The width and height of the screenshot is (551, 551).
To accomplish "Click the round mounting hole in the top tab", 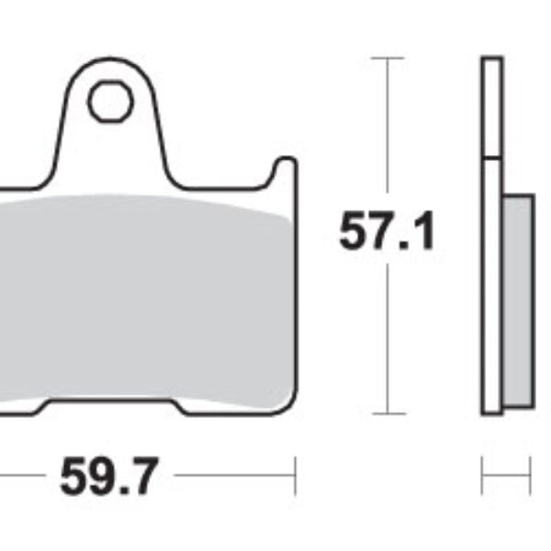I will (107, 100).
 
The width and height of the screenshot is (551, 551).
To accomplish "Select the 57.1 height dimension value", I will (387, 232).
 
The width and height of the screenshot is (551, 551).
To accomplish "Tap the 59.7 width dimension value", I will (109, 478).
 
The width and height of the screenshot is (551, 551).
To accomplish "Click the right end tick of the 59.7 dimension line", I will (295, 478).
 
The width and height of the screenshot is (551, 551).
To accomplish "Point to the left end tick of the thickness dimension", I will (483, 478).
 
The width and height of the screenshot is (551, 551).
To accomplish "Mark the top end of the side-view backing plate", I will (492, 61).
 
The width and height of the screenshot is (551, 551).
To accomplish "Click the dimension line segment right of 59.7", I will (234, 478).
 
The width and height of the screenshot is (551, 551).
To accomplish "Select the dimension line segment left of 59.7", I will (18, 478).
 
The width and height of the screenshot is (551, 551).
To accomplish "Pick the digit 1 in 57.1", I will (422, 232).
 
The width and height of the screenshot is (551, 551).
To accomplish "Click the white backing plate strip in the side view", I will (492, 275).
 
